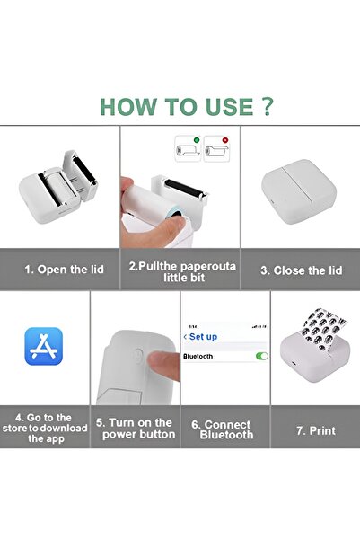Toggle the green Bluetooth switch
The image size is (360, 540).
click(x=261, y=357)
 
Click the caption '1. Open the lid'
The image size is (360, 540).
click(x=59, y=269)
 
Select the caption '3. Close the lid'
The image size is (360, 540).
click(x=300, y=269)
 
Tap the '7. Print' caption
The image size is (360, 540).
click(x=315, y=430)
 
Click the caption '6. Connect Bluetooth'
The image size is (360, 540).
click(x=226, y=429)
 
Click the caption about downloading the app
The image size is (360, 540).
click(x=45, y=429)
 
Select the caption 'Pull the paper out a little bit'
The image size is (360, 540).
click(x=180, y=271)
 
